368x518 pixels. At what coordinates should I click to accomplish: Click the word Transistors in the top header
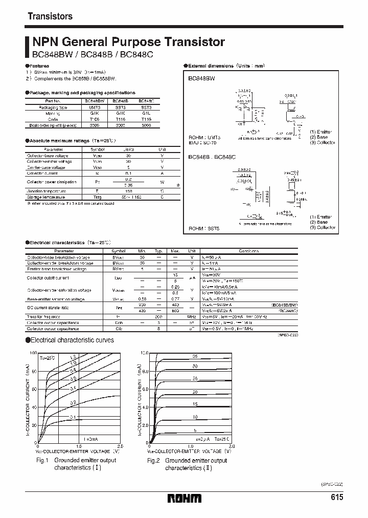click(x=50, y=16)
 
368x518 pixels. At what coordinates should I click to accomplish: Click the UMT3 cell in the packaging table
click(x=95, y=107)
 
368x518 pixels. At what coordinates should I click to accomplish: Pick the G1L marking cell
click(x=146, y=113)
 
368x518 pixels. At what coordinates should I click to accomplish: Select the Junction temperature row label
click(x=47, y=191)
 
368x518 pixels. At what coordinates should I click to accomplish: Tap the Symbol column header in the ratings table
click(x=97, y=149)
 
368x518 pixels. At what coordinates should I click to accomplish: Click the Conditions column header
click(x=249, y=251)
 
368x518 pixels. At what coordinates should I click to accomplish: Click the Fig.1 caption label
click(x=42, y=460)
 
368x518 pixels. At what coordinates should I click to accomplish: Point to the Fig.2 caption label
click(x=154, y=461)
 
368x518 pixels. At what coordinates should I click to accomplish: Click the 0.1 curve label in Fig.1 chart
click(x=72, y=418)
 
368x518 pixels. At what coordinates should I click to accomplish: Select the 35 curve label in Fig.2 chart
click(x=195, y=355)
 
